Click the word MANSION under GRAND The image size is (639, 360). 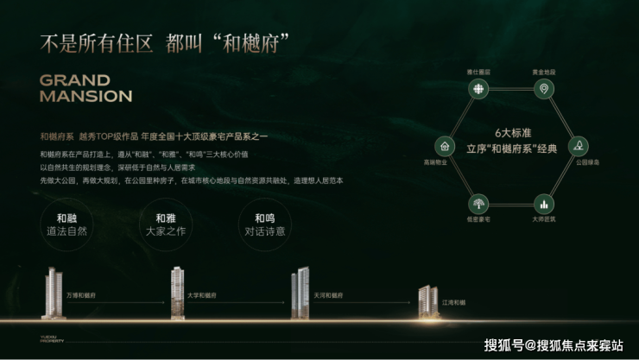pyautogui.click(x=85, y=96)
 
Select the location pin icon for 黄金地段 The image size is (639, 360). pyautogui.click(x=543, y=89)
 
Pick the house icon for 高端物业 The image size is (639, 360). pyautogui.click(x=444, y=146)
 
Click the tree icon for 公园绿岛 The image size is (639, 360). pyautogui.click(x=576, y=146)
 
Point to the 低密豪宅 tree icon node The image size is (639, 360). pyautogui.click(x=476, y=203)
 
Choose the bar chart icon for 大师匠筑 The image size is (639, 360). pyautogui.click(x=543, y=203)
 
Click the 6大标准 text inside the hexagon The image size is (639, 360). pyautogui.click(x=509, y=134)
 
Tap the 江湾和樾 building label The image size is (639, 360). pyautogui.click(x=453, y=301)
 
